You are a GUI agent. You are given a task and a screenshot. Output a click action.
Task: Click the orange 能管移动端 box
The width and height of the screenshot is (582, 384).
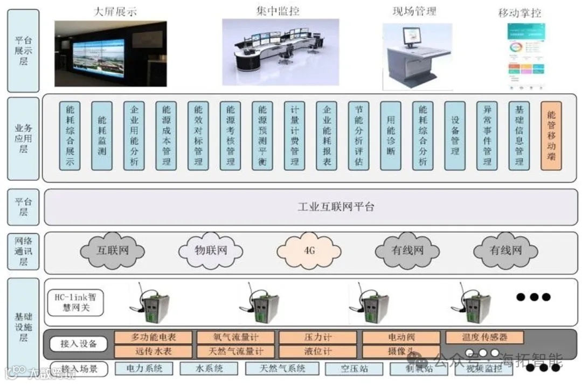tap(551, 136)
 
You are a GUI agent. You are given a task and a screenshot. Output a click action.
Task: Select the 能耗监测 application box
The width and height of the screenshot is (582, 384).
tap(102, 136)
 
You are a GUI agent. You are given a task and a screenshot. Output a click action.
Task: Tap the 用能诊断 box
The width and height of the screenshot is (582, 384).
tap(391, 136)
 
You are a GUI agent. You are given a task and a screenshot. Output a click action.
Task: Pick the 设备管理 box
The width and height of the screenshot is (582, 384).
tap(455, 136)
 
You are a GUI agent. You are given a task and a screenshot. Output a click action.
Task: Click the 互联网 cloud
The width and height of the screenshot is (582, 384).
tap(113, 250)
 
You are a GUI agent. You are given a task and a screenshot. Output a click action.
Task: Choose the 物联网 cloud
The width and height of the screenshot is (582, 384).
tap(210, 250)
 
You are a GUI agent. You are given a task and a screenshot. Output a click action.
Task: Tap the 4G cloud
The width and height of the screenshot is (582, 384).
tap(309, 250)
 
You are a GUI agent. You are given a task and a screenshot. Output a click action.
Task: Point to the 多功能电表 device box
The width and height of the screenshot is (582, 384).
tap(154, 338)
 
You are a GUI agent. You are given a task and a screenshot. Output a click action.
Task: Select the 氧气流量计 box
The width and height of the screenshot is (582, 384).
tap(236, 338)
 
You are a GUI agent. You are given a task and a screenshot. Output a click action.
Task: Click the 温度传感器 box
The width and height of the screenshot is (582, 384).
tap(484, 338)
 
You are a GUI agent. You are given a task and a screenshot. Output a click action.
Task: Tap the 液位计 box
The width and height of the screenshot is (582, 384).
tap(317, 351)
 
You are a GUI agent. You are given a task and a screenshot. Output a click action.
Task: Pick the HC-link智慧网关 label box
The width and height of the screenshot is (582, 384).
tap(74, 303)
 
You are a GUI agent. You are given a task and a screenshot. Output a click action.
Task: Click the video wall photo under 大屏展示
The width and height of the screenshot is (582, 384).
tap(110, 53)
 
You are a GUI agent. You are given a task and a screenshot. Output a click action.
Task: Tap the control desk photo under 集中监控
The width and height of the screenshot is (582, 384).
tap(280, 52)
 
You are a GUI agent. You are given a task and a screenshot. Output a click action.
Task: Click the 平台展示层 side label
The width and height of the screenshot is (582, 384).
tap(23, 51)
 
